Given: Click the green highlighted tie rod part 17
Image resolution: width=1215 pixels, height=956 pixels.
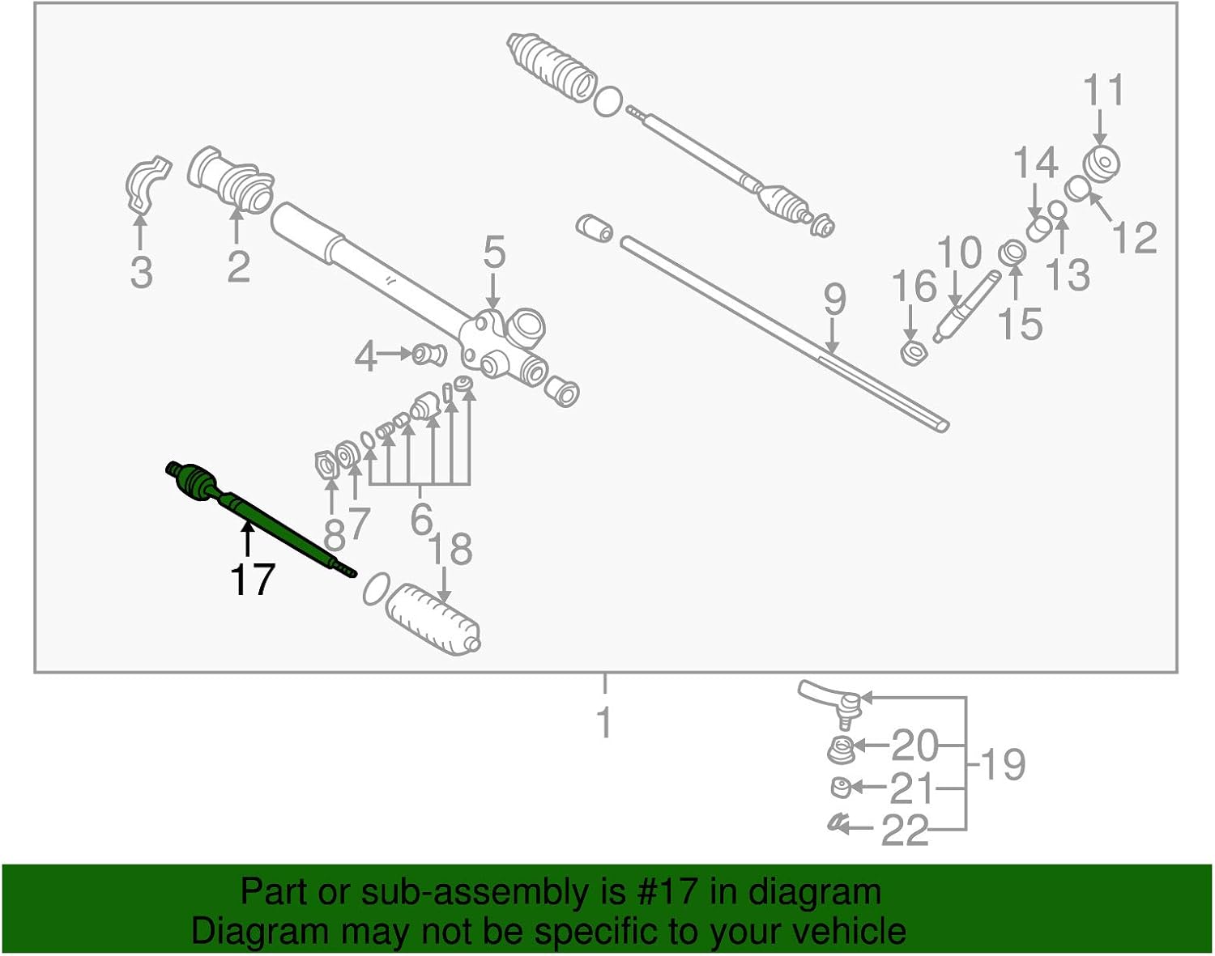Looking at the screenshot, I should [259, 518].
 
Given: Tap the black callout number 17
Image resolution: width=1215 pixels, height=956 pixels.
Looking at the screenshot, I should [253, 580].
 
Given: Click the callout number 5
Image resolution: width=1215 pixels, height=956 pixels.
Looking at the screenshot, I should [494, 253].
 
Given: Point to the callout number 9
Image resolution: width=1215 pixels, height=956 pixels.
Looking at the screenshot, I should [834, 300].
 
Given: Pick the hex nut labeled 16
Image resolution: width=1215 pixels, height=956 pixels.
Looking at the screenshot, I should [914, 353].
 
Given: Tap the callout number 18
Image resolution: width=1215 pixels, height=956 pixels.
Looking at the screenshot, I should [452, 550].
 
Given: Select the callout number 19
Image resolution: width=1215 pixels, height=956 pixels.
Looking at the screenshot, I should [1003, 764].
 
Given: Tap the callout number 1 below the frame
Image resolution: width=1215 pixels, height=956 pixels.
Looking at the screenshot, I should [604, 721].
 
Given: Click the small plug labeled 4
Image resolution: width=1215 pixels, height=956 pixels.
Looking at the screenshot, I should [428, 353].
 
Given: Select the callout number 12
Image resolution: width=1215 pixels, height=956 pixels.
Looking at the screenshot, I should [1134, 238].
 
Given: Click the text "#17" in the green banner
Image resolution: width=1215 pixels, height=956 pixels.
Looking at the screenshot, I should [663, 892].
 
